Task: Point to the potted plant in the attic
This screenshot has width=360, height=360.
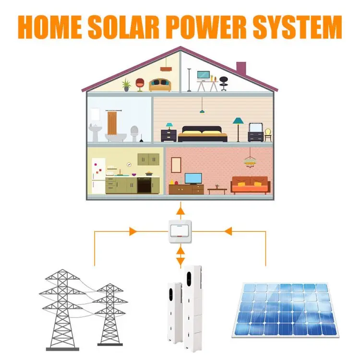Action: coord(126,84)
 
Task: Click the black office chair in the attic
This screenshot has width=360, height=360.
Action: coord(223,84)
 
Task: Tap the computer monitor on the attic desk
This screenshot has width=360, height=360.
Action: coord(204,75)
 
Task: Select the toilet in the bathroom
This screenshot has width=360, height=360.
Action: coord(134,133)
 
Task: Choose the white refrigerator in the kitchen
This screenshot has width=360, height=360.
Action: coord(98,176)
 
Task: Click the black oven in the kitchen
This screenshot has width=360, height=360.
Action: coord(144,185)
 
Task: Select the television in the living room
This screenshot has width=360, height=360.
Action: coord(193,178)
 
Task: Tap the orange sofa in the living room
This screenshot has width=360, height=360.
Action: coord(250,184)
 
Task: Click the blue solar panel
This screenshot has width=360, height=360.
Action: coord(286,308)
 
